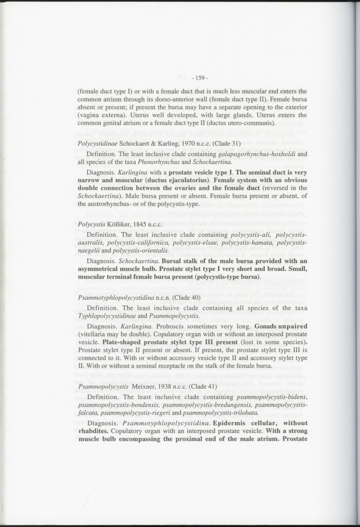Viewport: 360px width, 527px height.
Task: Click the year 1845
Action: pyautogui.click(x=140, y=224)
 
